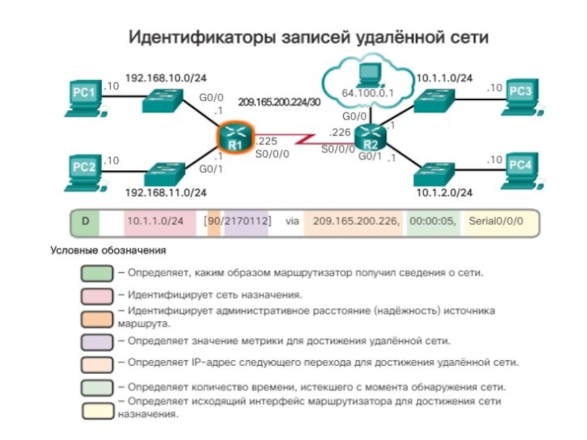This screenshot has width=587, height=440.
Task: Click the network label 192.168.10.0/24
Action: tap(165, 78)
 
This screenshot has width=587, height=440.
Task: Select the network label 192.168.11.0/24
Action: tap(166, 192)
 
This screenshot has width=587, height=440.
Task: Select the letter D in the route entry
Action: tap(85, 220)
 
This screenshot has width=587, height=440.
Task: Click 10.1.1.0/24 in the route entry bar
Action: tap(154, 220)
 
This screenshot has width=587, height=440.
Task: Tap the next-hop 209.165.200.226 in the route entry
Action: tap(357, 220)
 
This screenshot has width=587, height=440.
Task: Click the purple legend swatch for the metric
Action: tap(97, 341)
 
